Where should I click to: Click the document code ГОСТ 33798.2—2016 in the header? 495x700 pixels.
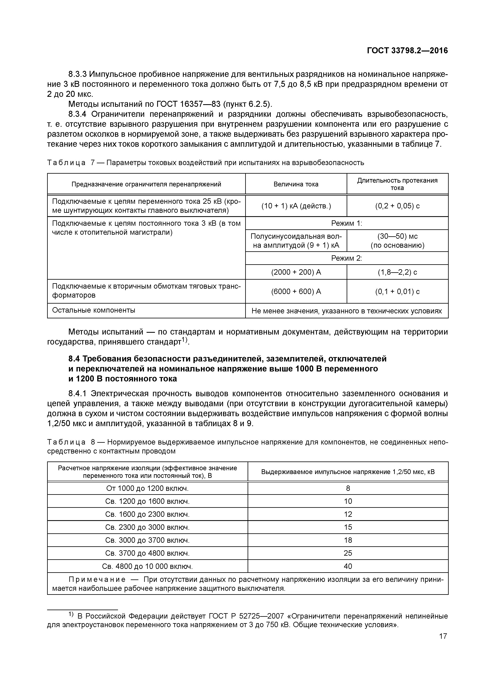click(x=407, y=51)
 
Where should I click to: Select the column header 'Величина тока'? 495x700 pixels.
click(x=296, y=184)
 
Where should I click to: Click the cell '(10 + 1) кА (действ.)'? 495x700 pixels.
click(x=296, y=206)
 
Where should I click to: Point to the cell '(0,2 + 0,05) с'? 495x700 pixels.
click(x=397, y=206)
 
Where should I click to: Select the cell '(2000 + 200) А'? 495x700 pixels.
click(x=296, y=272)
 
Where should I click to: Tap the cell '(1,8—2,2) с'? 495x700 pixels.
click(x=397, y=272)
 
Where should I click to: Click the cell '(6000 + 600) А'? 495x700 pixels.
click(x=296, y=291)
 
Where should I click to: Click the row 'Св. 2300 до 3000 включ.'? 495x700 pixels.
click(x=147, y=527)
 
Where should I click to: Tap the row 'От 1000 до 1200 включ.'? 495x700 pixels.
click(x=147, y=488)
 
